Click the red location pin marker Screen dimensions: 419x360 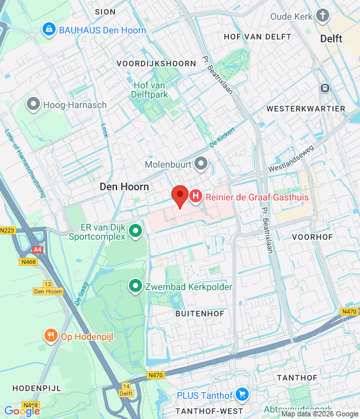pyautogui.click(x=179, y=196)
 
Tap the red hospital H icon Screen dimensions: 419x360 pyautogui.click(x=196, y=196)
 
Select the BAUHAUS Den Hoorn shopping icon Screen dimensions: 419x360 pyautogui.click(x=48, y=30)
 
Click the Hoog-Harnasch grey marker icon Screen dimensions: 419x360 pyautogui.click(x=33, y=104)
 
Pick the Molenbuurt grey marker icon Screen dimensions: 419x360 pyautogui.click(x=201, y=163)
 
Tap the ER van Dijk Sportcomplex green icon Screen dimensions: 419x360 pyautogui.click(x=135, y=230)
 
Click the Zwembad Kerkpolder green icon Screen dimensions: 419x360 pyautogui.click(x=135, y=286)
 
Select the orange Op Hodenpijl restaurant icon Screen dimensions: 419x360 pyautogui.click(x=51, y=337)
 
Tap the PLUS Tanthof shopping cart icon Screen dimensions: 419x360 pyautogui.click(x=242, y=395)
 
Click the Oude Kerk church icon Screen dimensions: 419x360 pyautogui.click(x=323, y=16)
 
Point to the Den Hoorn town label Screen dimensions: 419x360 pyautogui.click(x=124, y=187)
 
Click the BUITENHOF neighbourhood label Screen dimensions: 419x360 pyautogui.click(x=200, y=314)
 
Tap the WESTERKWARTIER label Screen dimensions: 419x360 pyautogui.click(x=306, y=108)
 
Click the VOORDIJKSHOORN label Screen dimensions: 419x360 pyautogui.click(x=156, y=64)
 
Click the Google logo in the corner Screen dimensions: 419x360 pyautogui.click(x=22, y=410)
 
